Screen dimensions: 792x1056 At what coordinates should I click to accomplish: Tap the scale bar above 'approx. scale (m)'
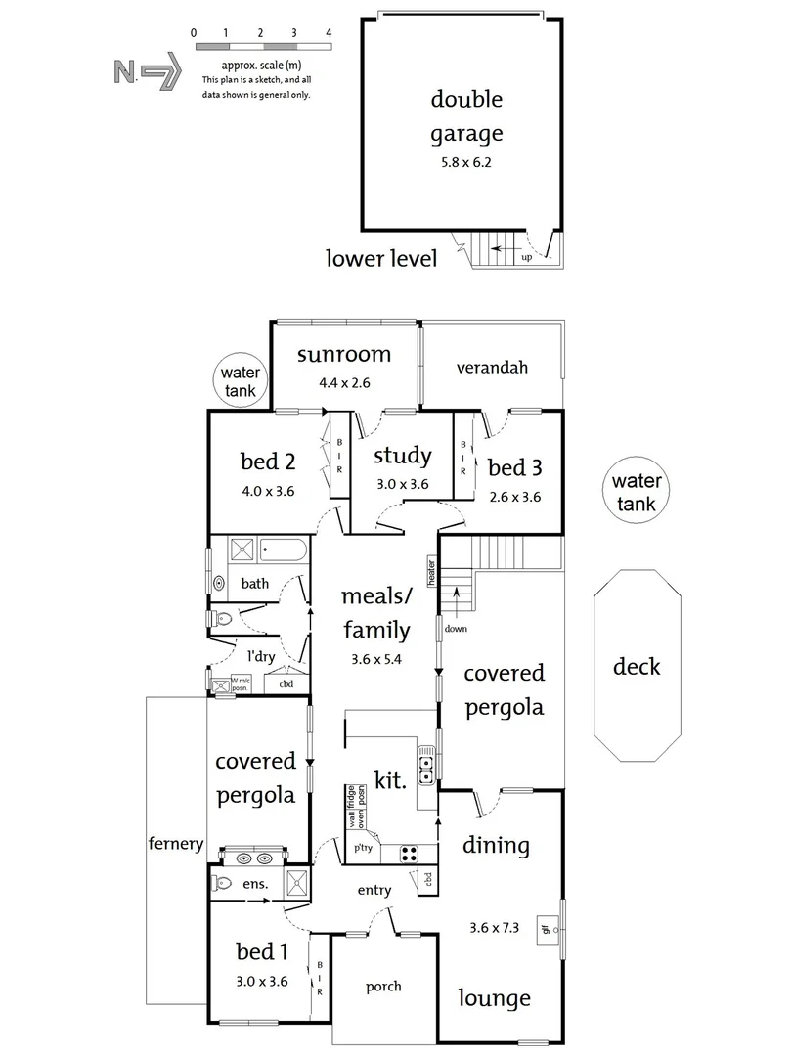(263, 47)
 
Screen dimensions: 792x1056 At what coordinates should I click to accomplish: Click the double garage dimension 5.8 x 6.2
(466, 162)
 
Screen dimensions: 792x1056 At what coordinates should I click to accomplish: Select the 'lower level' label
(381, 258)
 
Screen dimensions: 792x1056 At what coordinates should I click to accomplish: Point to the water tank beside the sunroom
(241, 380)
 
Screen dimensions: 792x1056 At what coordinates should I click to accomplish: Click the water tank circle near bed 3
(636, 491)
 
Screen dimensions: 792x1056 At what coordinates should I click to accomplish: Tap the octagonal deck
(638, 666)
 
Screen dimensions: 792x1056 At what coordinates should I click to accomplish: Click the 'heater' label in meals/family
(431, 572)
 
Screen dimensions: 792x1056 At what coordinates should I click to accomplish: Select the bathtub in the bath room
(284, 550)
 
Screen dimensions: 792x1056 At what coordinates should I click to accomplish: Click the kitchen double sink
(425, 770)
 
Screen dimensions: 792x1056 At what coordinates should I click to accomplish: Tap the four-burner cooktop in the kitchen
(408, 854)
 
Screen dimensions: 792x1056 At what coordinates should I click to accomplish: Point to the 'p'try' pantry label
(363, 847)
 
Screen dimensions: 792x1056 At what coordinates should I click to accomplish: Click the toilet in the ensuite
(222, 882)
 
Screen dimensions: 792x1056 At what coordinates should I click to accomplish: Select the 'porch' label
(383, 987)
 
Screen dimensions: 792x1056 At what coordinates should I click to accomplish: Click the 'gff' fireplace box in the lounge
(546, 930)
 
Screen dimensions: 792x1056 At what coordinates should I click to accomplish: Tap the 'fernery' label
(176, 843)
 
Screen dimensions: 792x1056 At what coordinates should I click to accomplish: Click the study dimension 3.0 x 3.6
(402, 484)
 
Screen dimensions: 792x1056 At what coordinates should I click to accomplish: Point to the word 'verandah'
(492, 367)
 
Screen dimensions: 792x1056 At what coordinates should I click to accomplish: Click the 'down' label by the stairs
(456, 629)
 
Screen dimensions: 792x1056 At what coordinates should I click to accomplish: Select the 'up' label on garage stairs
(527, 257)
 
